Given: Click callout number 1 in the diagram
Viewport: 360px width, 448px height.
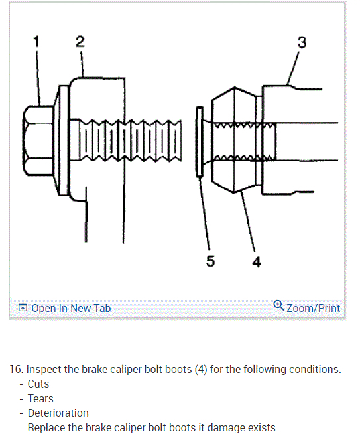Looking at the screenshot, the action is [x=36, y=41].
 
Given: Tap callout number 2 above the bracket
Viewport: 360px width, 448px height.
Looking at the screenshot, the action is [x=80, y=41].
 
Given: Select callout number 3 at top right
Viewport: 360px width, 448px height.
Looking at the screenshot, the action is [x=302, y=42].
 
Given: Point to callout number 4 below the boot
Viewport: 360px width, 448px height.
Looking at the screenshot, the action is [x=257, y=262].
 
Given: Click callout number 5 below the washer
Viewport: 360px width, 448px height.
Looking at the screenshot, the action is [x=210, y=261].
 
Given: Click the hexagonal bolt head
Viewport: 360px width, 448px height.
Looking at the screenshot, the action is [x=38, y=140].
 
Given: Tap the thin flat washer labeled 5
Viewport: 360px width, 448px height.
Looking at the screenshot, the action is [x=200, y=141].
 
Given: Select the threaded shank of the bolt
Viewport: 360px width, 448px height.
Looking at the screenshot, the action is [x=125, y=141].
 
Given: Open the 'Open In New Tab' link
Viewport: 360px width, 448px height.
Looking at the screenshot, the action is [x=71, y=308].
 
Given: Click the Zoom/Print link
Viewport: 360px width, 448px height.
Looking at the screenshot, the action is [x=313, y=308].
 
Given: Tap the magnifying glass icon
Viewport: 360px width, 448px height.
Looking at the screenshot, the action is [x=278, y=305].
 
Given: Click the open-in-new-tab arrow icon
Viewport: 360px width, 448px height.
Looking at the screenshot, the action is [x=23, y=308].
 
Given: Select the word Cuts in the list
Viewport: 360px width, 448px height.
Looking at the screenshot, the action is [x=38, y=384].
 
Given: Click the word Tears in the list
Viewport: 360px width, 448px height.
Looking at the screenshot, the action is [x=40, y=399].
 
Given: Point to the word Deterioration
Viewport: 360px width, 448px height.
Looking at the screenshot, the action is [x=58, y=413].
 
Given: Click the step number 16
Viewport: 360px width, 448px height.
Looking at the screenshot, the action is [x=16, y=370].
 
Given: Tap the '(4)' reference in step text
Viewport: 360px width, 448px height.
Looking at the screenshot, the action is [x=201, y=370].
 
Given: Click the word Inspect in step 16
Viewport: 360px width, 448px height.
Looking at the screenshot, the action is [x=44, y=370].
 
